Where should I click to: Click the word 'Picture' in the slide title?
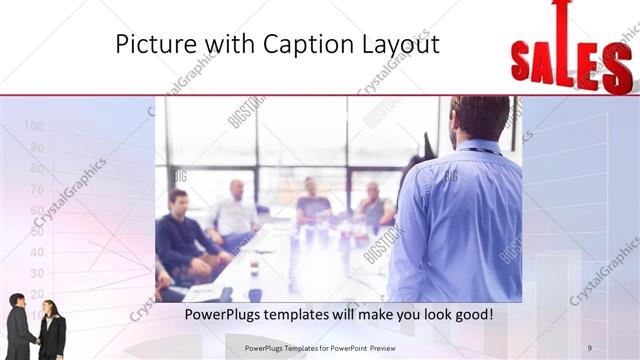coord(148,45)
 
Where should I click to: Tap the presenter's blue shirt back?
coord(456,220)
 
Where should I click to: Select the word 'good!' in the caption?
coord(471,314)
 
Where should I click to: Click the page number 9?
coord(590,347)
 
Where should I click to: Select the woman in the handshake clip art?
coord(50,330)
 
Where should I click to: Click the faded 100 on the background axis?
coord(33,126)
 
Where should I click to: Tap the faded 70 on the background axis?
coord(36,189)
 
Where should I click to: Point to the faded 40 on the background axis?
coord(36,252)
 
